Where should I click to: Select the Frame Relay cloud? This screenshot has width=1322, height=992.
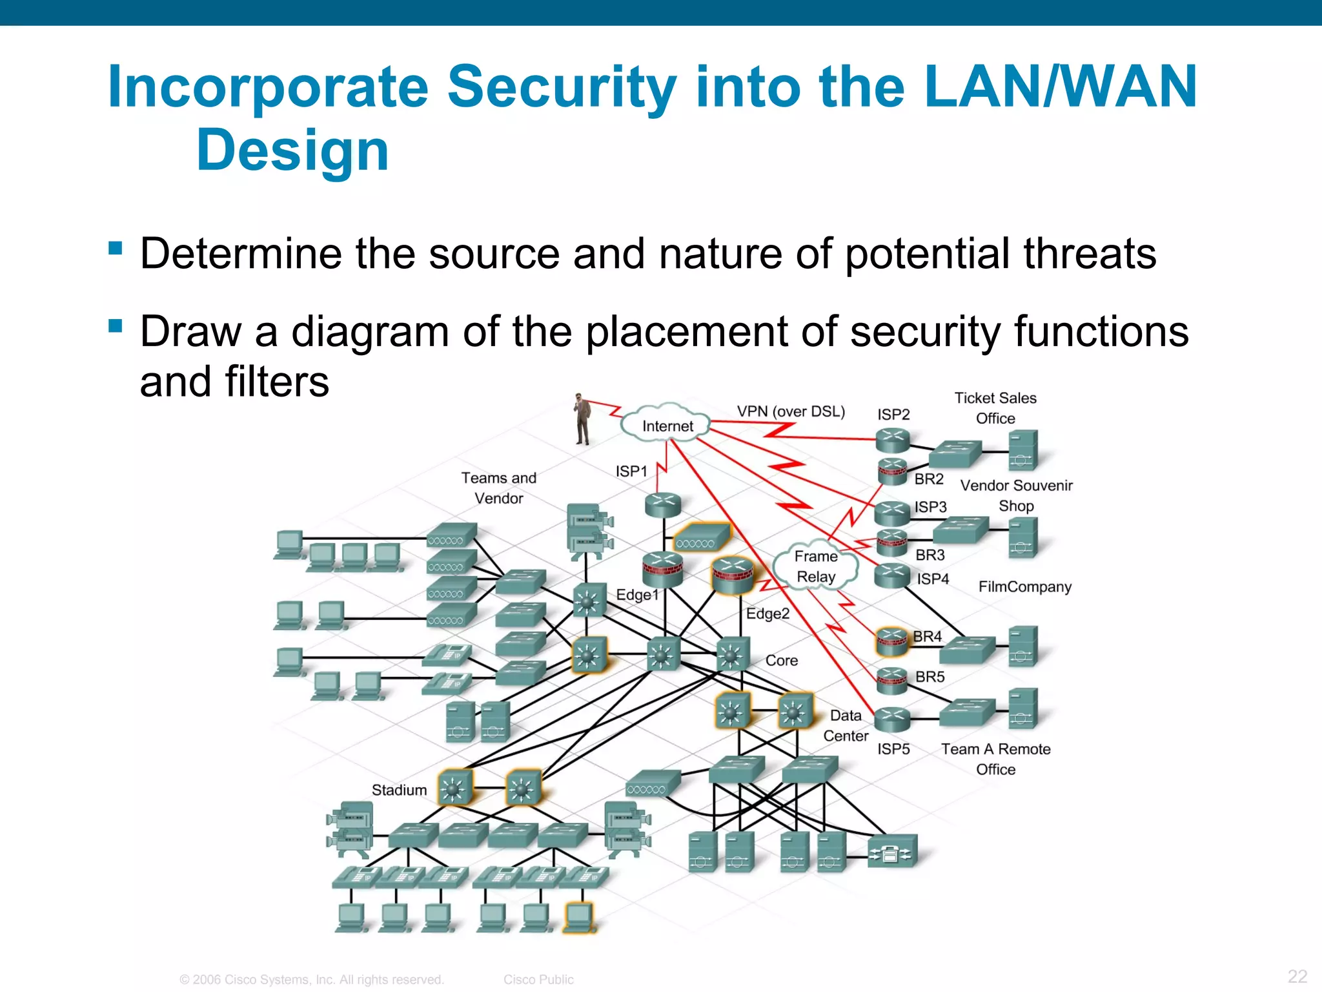pyautogui.click(x=816, y=566)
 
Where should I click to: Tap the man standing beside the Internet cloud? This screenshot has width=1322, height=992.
pyautogui.click(x=582, y=419)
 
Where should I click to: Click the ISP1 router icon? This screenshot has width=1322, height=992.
pyautogui.click(x=663, y=504)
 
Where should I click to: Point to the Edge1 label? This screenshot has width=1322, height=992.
pyautogui.click(x=636, y=594)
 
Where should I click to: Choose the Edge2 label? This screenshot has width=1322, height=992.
pyautogui.click(x=768, y=614)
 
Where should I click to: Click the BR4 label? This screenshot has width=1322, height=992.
pyautogui.click(x=928, y=636)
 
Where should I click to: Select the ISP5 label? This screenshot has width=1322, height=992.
pyautogui.click(x=893, y=749)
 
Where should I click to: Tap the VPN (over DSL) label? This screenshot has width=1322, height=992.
pyautogui.click(x=791, y=411)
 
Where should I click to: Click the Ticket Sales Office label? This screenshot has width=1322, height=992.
pyautogui.click(x=995, y=408)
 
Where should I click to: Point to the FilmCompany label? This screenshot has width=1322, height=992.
pyautogui.click(x=1024, y=586)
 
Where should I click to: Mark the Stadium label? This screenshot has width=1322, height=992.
pyautogui.click(x=399, y=790)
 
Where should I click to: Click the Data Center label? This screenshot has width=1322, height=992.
pyautogui.click(x=846, y=725)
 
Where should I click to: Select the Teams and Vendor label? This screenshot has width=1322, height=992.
pyautogui.click(x=498, y=488)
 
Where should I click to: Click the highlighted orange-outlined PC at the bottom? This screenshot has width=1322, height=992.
pyautogui.click(x=578, y=917)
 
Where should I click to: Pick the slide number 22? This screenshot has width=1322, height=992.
pyautogui.click(x=1297, y=975)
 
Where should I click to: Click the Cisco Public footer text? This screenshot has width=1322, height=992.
pyautogui.click(x=538, y=980)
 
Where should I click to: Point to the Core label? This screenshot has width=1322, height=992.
pyautogui.click(x=781, y=660)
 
